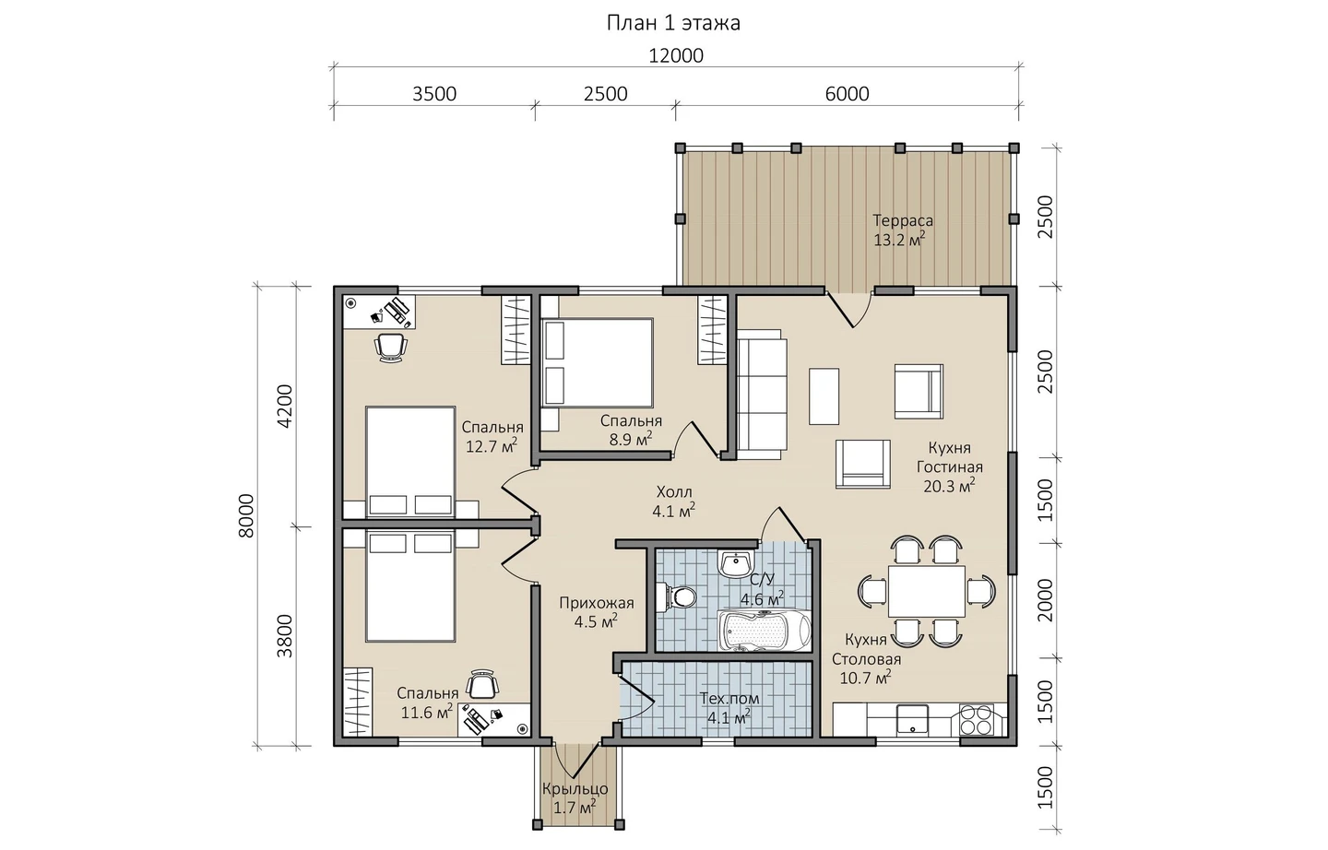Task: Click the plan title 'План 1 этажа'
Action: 673,23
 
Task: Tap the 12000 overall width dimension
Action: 676,55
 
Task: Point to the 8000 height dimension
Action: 246,515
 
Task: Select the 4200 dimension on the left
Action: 285,406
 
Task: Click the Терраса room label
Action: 902,220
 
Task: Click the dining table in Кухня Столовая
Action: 926,591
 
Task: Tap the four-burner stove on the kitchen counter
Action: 976,720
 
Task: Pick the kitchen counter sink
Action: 912,720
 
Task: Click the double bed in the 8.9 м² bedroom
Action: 597,362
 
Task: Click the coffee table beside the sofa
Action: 824,395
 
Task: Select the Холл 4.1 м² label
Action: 674,502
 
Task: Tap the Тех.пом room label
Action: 729,698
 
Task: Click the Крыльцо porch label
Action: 575,789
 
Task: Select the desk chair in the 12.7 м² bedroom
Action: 391,348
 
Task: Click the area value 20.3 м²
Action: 949,486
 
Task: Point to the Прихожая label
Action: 597,604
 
